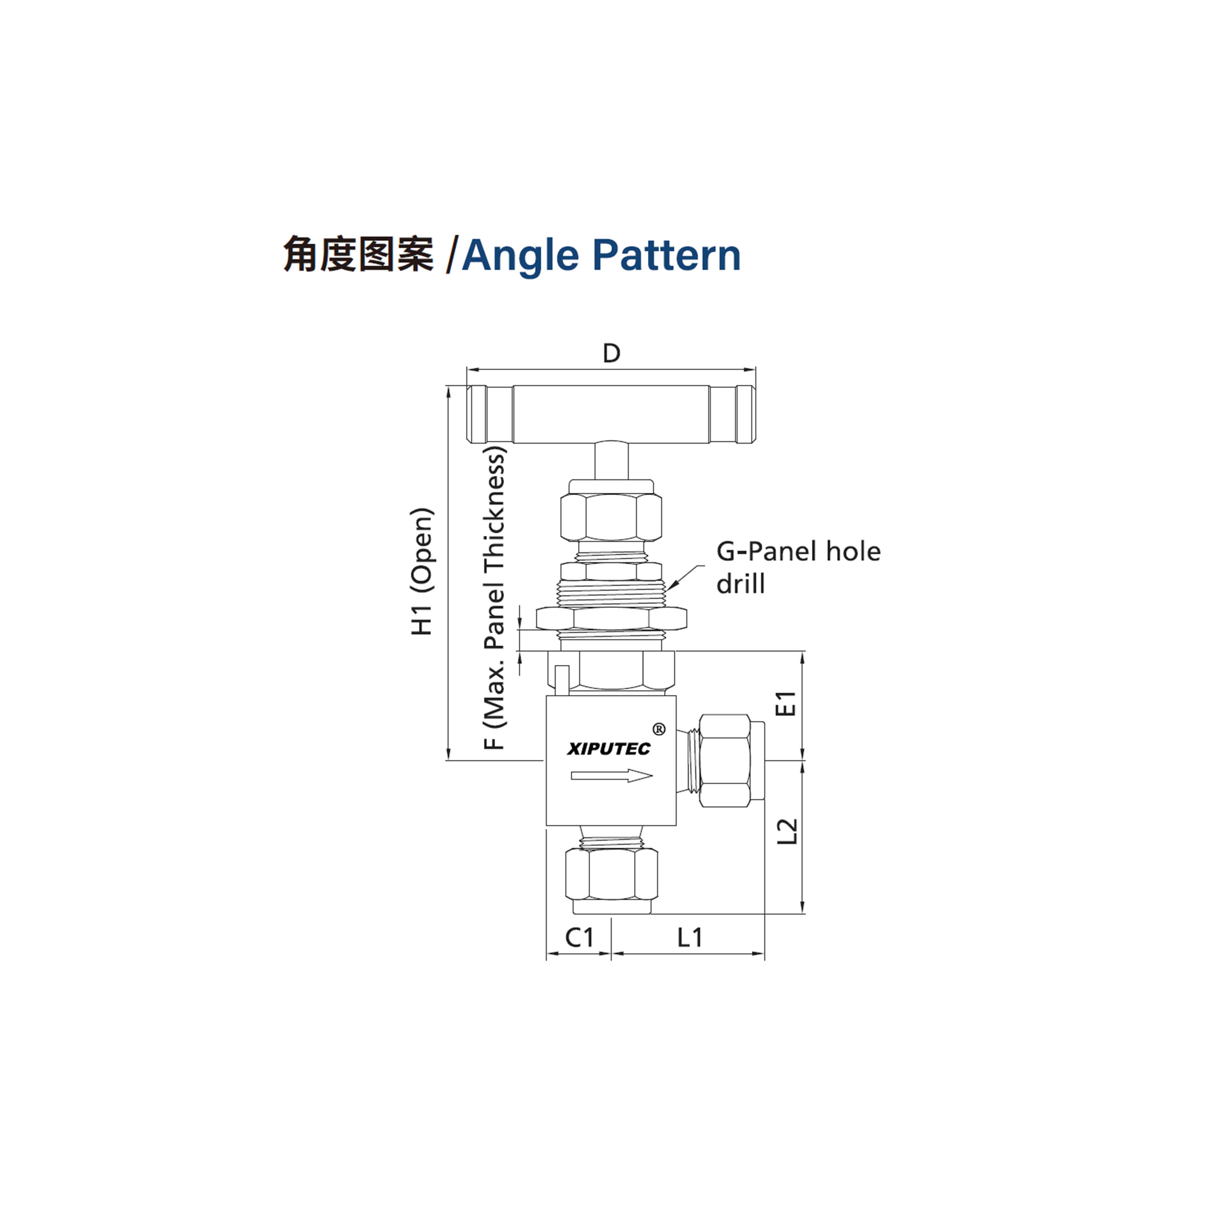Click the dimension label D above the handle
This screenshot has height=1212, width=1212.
(611, 353)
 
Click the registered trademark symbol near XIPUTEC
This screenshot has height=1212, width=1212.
(659, 729)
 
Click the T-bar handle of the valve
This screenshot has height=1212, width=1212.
(611, 414)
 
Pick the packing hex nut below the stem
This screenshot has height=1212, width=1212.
(611, 517)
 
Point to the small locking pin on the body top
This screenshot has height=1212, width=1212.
(562, 680)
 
